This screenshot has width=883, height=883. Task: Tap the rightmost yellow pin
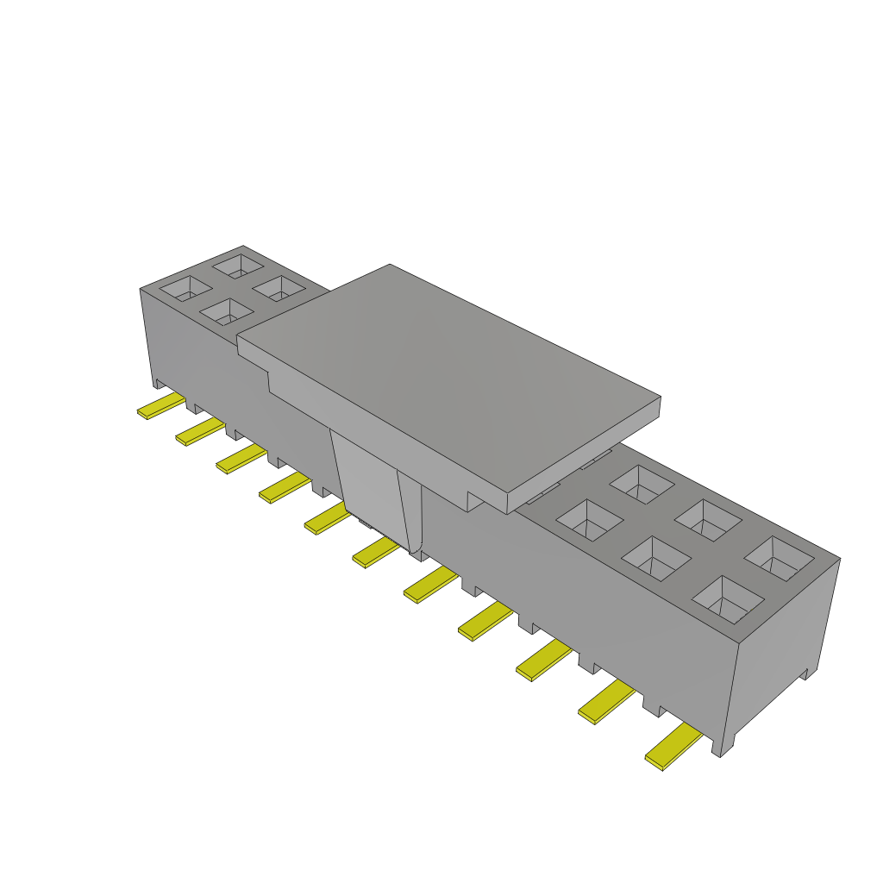click(x=672, y=748)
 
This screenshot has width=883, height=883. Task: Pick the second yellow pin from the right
click(x=604, y=702)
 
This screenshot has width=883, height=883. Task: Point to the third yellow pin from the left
click(x=239, y=460)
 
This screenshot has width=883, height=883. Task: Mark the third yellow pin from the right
click(x=543, y=661)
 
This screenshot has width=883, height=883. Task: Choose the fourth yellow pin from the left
click(x=282, y=488)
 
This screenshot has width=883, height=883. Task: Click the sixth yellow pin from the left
click(x=375, y=552)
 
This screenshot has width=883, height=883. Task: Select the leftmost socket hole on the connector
click(x=185, y=288)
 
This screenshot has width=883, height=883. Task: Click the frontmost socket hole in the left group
click(x=227, y=312)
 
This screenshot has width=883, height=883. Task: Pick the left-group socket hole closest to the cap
click(x=278, y=289)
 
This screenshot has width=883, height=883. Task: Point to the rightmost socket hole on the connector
click(x=779, y=557)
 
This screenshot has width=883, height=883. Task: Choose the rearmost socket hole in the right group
click(x=641, y=485)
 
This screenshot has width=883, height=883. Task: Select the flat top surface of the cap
click(x=448, y=371)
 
